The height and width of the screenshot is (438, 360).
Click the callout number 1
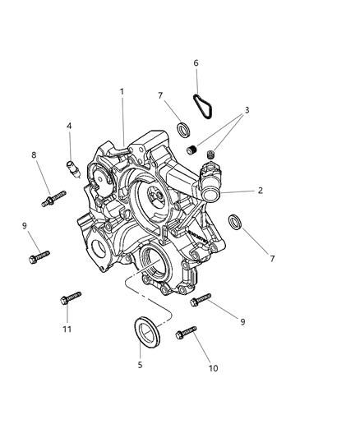click(122, 91)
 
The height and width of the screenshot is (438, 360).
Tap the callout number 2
click(261, 191)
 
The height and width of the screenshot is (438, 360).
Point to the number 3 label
click(247, 110)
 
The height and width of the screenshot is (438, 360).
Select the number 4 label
click(69, 126)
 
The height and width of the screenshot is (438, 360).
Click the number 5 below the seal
click(141, 365)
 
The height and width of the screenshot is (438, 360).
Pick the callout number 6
click(196, 63)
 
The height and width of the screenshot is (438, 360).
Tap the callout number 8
click(34, 154)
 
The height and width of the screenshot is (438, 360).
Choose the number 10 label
click(213, 368)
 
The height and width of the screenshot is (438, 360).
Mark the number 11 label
click(67, 330)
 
